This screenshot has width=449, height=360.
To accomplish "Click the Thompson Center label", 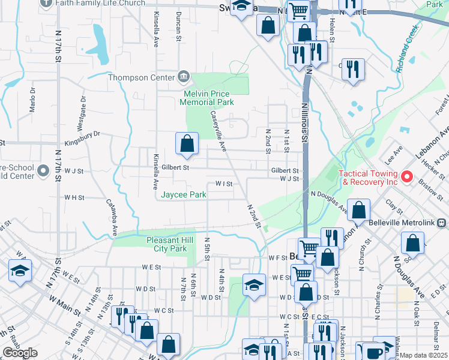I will pos(141,77).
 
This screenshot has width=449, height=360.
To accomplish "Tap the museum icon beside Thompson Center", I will pos(184,77).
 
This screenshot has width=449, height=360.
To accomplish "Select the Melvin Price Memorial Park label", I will pos(209,98).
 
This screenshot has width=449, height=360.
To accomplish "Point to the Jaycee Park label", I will pos(184,194).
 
